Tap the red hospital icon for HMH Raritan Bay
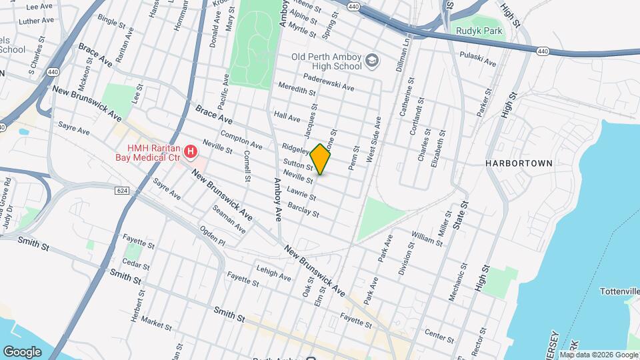(x=191, y=153)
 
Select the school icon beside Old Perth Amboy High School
(x=371, y=63)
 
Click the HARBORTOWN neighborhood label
(x=519, y=163)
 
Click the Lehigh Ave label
(x=275, y=271)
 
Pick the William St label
(x=427, y=238)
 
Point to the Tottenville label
(x=619, y=292)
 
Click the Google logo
(x=23, y=351)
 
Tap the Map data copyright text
(x=595, y=355)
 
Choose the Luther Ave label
(x=36, y=21)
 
